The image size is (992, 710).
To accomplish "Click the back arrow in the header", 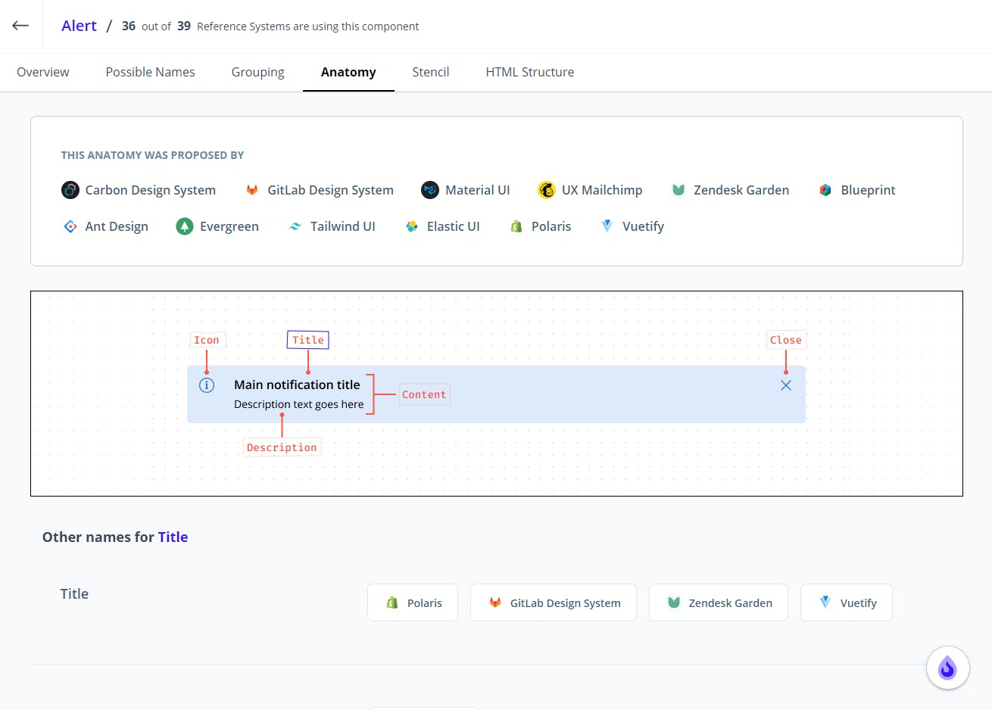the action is click(x=20, y=26).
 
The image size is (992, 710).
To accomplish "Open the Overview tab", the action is click(x=43, y=72).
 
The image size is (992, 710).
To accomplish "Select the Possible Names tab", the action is click(x=150, y=72).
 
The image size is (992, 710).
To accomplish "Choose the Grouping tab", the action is click(x=257, y=72).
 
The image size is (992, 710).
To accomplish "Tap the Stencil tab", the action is click(x=430, y=72).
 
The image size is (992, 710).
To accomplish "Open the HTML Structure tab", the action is click(x=529, y=72).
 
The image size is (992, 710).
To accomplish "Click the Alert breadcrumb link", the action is click(x=79, y=26).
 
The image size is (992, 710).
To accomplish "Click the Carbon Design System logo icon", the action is click(x=70, y=190).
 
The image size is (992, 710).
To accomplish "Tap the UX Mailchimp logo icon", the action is click(x=547, y=190).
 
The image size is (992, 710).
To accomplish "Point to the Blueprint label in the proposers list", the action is click(x=868, y=190).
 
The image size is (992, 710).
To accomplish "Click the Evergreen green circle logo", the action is click(x=185, y=226).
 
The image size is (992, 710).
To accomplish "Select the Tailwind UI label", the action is click(x=343, y=226).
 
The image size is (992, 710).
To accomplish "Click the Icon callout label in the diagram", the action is click(x=207, y=340).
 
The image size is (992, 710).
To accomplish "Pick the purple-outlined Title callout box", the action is click(x=307, y=340).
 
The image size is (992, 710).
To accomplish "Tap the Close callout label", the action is click(x=785, y=340).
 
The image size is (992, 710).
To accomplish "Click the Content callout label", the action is click(x=424, y=394).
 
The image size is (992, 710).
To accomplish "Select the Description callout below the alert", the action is click(x=282, y=447).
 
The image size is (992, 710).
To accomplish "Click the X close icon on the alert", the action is click(x=785, y=385).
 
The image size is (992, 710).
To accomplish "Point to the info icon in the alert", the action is click(x=207, y=385).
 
